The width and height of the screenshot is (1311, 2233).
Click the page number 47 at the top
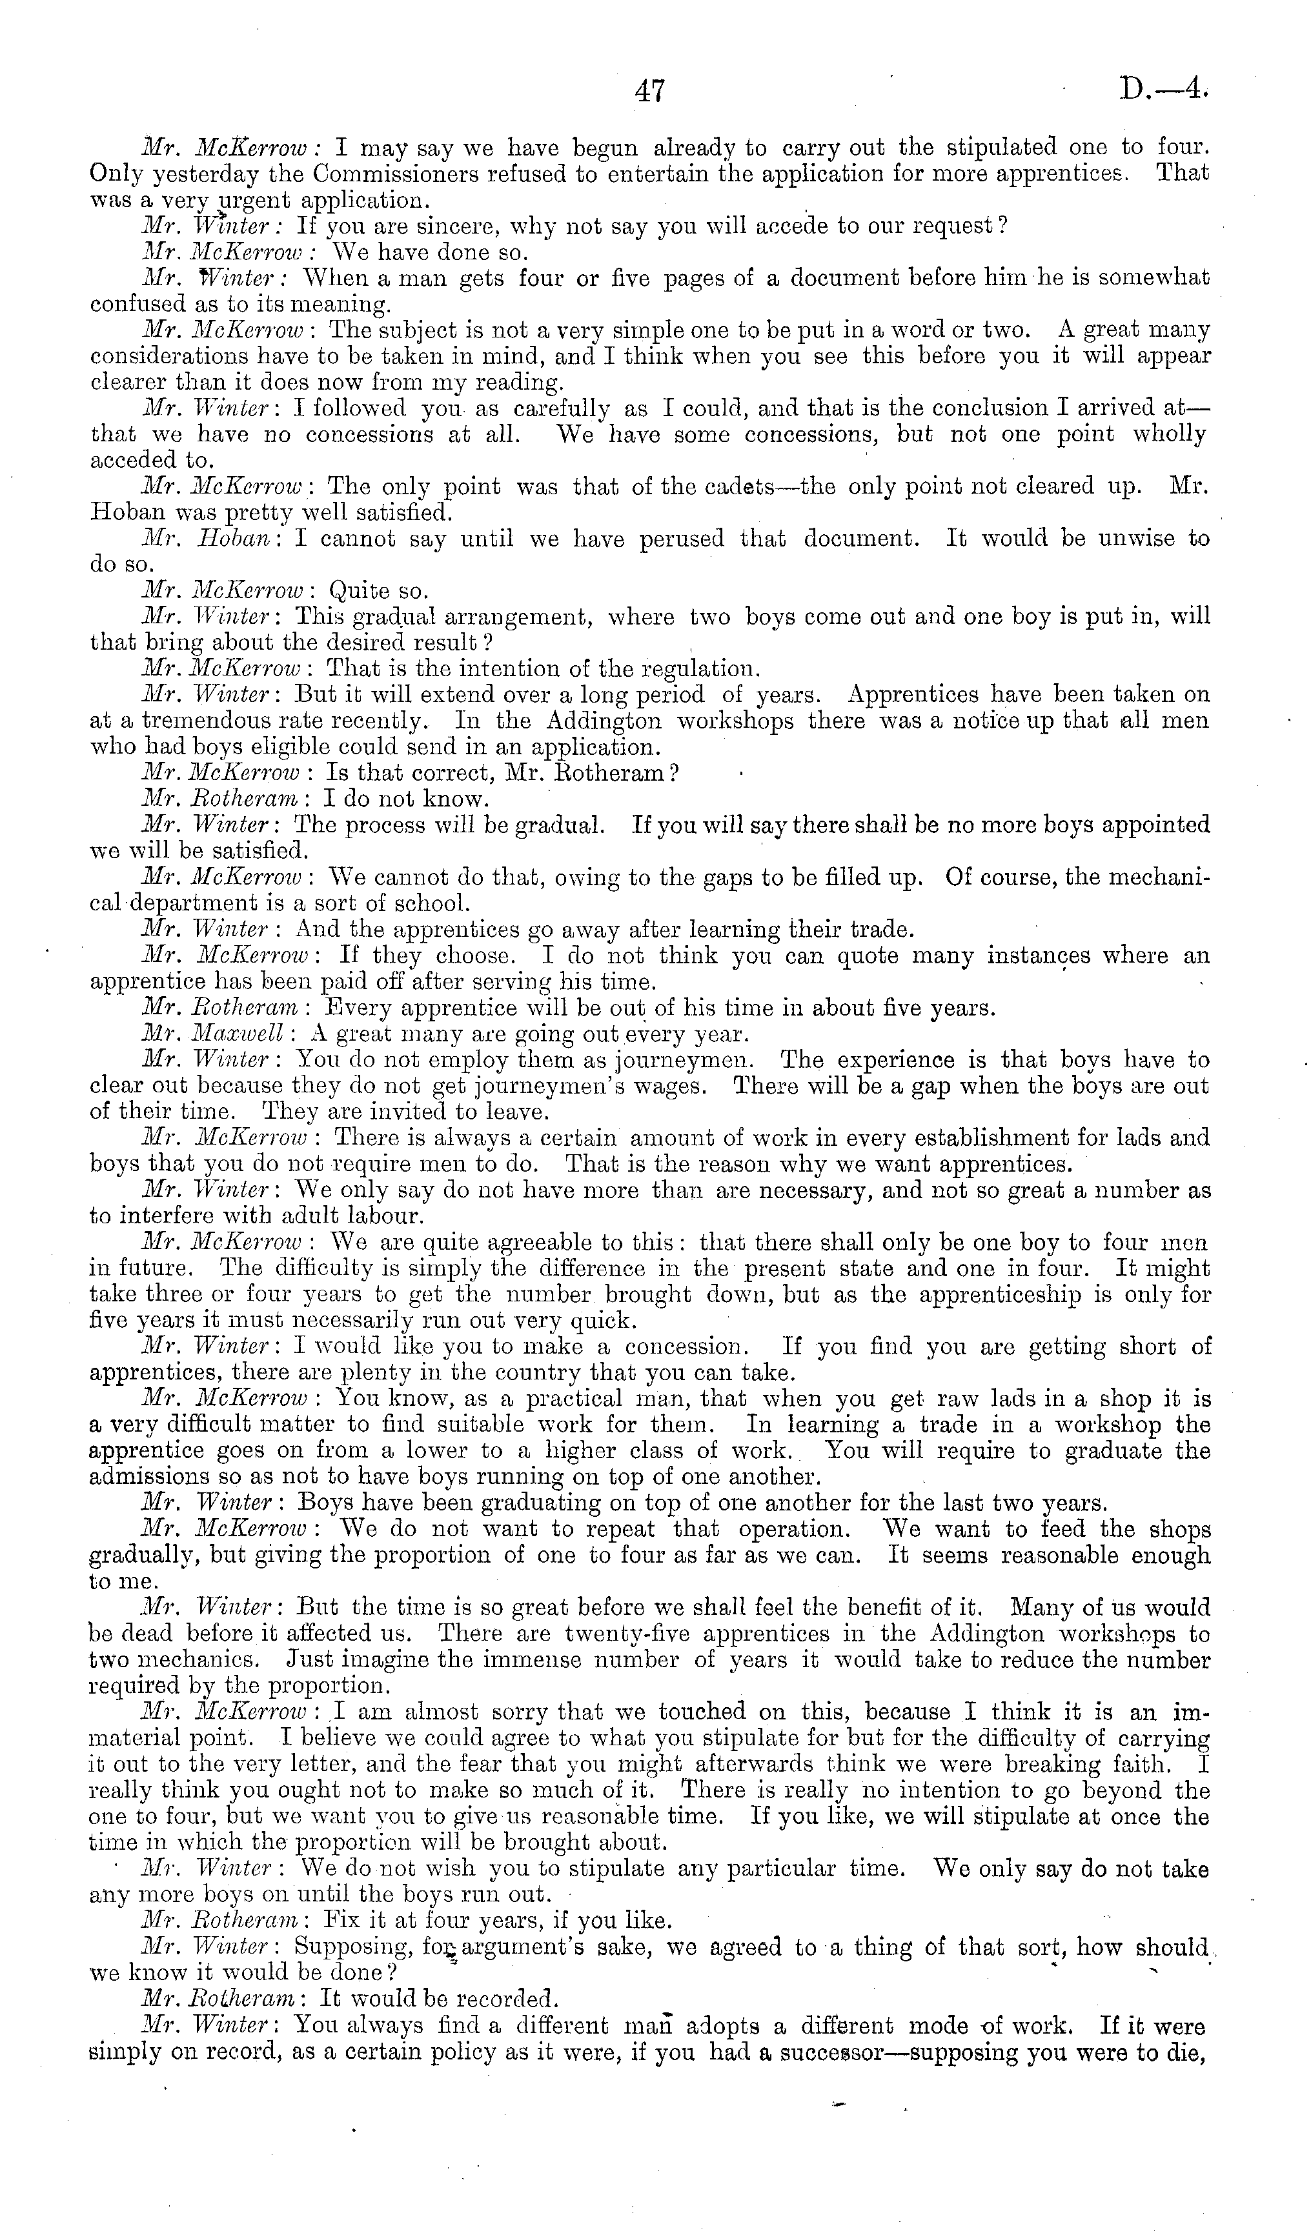point(650,91)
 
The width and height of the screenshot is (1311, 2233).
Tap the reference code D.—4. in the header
point(1163,90)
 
